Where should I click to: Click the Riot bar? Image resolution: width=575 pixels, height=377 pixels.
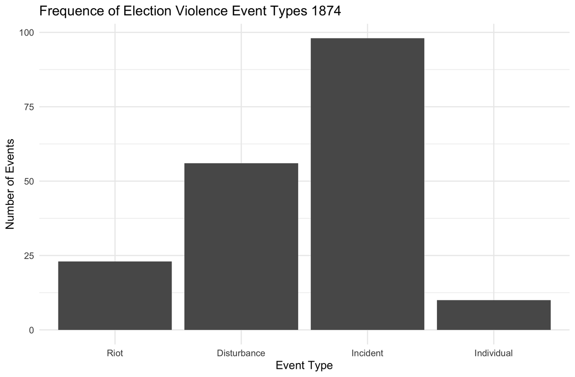[115, 295]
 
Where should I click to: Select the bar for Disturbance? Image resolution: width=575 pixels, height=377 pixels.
[241, 247]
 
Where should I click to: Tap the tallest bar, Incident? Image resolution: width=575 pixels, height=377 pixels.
[368, 184]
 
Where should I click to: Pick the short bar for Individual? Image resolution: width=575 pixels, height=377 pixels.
[494, 315]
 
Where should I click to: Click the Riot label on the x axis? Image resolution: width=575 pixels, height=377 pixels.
[115, 353]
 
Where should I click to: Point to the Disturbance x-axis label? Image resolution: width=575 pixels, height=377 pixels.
[241, 353]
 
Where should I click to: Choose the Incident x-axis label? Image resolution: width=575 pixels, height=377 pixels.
[368, 353]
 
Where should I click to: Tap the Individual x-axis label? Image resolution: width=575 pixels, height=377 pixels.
[494, 353]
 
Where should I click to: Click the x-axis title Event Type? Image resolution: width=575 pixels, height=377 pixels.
[304, 366]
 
